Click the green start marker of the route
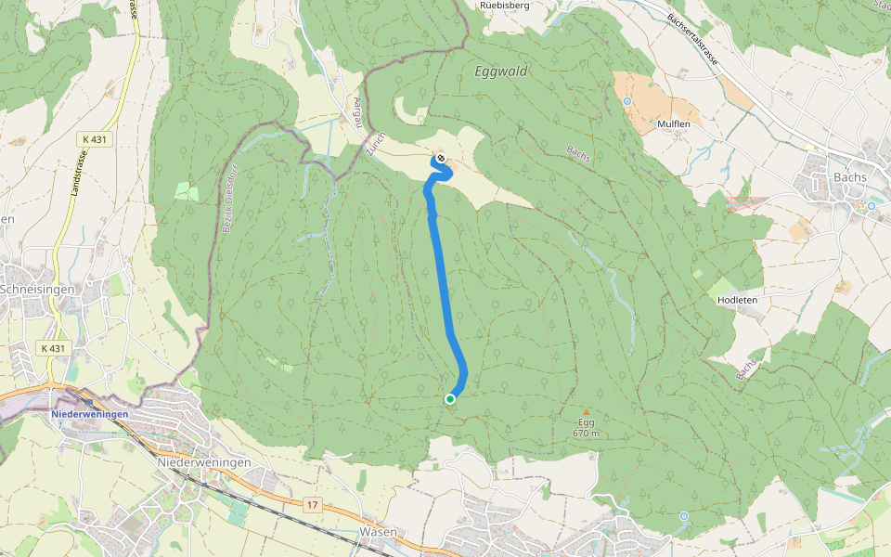tap(450, 399)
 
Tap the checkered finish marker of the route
tap(439, 159)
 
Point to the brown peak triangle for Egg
tap(586, 412)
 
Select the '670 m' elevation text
tap(586, 433)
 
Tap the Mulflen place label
tap(673, 123)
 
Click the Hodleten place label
tap(739, 300)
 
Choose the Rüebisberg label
tap(505, 5)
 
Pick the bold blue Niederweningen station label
tap(89, 414)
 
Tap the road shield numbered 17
tap(312, 504)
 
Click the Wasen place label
tap(379, 533)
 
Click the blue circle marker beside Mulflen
tap(627, 101)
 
